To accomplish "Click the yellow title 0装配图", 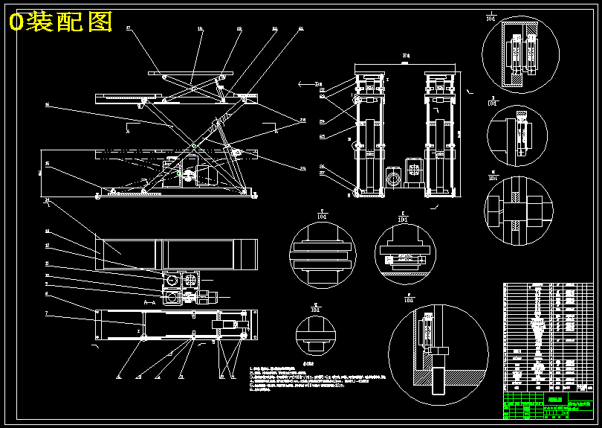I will tap(60, 22).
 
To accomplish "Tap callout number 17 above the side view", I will tap(129, 28).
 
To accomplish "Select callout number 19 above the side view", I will tap(239, 28).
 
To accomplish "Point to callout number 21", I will tap(300, 28).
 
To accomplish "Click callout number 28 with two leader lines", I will tap(302, 119).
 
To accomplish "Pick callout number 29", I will tap(302, 168).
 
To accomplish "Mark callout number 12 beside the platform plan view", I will tap(47, 245).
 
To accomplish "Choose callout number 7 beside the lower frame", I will tap(47, 314).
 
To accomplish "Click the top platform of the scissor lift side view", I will tap(190, 73).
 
